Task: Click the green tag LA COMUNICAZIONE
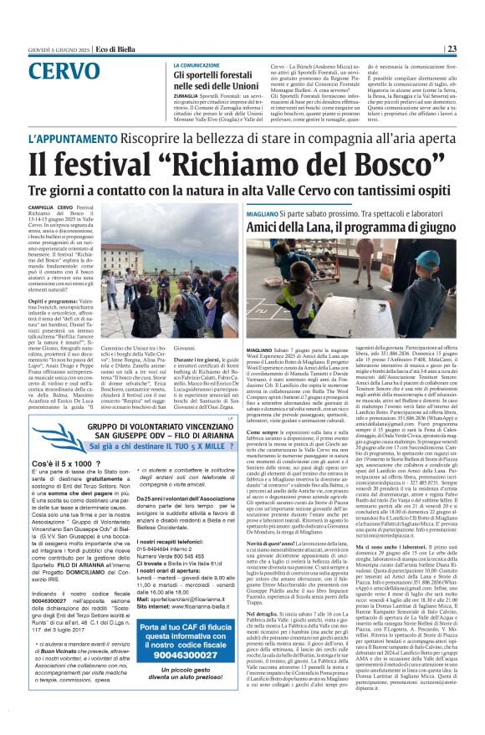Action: [197, 64]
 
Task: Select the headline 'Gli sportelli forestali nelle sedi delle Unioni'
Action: [219, 80]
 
